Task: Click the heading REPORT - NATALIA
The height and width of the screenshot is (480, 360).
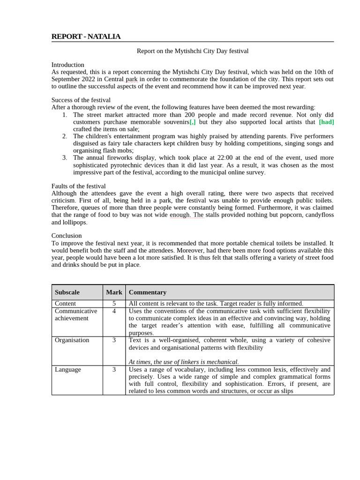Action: [86, 37]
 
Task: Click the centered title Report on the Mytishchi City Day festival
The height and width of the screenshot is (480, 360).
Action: [192, 51]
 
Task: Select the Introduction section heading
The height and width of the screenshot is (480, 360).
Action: [67, 65]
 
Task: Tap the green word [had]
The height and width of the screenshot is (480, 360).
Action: [326, 122]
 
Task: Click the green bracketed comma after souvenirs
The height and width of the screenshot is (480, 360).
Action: [192, 122]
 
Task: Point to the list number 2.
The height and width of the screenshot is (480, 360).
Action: [65, 136]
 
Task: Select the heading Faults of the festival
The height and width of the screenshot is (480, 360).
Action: [78, 186]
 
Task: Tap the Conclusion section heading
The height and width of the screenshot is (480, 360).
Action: [66, 236]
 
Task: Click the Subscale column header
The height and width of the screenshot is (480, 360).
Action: [67, 292]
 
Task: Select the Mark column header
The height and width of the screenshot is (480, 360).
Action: [114, 292]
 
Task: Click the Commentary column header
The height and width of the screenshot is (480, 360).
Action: [148, 292]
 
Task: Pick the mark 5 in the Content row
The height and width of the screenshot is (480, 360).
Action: [114, 304]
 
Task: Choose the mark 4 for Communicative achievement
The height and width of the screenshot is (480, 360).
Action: [114, 311]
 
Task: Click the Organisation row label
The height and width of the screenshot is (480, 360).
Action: [72, 340]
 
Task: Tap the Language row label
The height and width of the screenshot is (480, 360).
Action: [67, 370]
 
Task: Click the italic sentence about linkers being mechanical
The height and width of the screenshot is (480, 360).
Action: [184, 362]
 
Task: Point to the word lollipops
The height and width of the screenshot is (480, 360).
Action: [75, 222]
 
